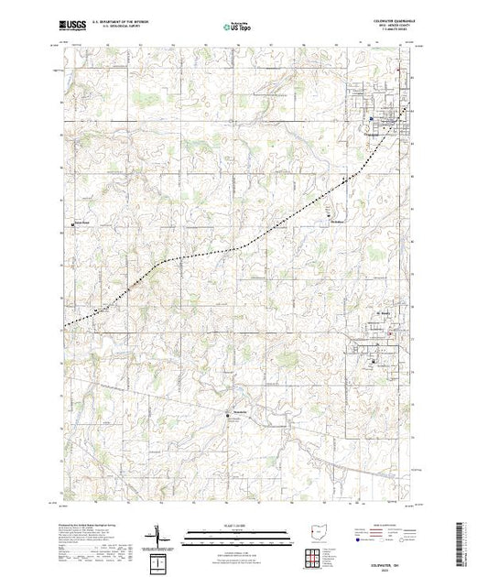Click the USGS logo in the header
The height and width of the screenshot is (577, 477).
(69, 26)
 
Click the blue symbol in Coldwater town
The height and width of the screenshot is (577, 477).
(370, 119)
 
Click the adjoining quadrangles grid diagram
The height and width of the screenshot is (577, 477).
(315, 552)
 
